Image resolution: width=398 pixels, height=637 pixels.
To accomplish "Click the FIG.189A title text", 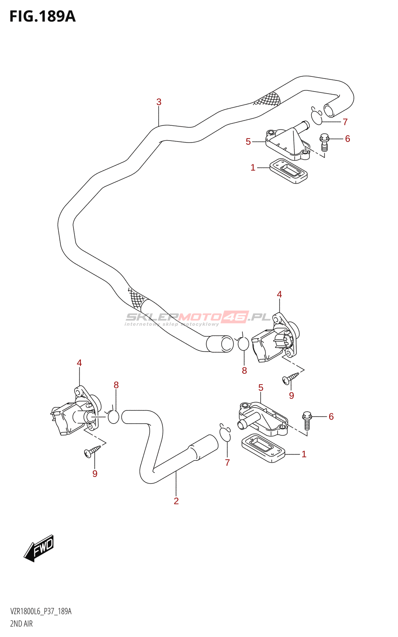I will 42,16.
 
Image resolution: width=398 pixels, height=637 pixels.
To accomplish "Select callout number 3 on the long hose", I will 159,102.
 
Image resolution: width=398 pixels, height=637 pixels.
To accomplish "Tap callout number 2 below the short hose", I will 176,501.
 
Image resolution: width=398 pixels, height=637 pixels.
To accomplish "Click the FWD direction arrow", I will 39,548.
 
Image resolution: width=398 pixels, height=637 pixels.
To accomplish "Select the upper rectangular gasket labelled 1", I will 289,172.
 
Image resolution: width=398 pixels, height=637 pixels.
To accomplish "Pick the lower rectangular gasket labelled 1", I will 263,448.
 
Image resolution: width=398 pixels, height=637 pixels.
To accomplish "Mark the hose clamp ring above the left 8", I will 113,416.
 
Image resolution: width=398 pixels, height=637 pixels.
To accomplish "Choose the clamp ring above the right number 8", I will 243,343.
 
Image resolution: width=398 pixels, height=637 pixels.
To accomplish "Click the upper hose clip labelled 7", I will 317,116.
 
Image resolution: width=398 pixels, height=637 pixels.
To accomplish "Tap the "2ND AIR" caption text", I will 21,623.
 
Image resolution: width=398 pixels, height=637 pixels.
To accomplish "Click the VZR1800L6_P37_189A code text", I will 41,612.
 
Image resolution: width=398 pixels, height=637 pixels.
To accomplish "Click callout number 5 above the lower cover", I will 261,387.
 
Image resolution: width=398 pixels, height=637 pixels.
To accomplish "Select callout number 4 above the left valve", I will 79,363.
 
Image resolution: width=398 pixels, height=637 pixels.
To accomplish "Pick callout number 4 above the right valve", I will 279,294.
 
